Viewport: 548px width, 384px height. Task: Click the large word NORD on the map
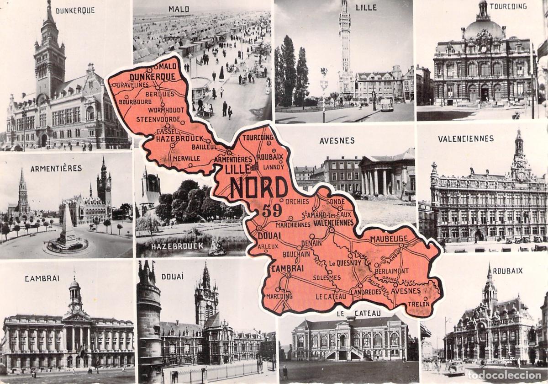[x=259, y=187]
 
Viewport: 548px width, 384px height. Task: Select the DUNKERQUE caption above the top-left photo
[x=75, y=10]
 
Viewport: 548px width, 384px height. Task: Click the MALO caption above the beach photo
[x=179, y=9]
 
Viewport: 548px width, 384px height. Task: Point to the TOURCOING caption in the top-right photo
[x=508, y=6]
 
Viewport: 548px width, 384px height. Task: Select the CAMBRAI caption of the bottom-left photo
[x=42, y=278]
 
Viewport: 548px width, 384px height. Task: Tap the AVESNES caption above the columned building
[x=337, y=141]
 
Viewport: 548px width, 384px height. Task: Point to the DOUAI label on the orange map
[x=269, y=235]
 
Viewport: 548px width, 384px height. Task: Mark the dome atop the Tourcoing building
[x=483, y=27]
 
